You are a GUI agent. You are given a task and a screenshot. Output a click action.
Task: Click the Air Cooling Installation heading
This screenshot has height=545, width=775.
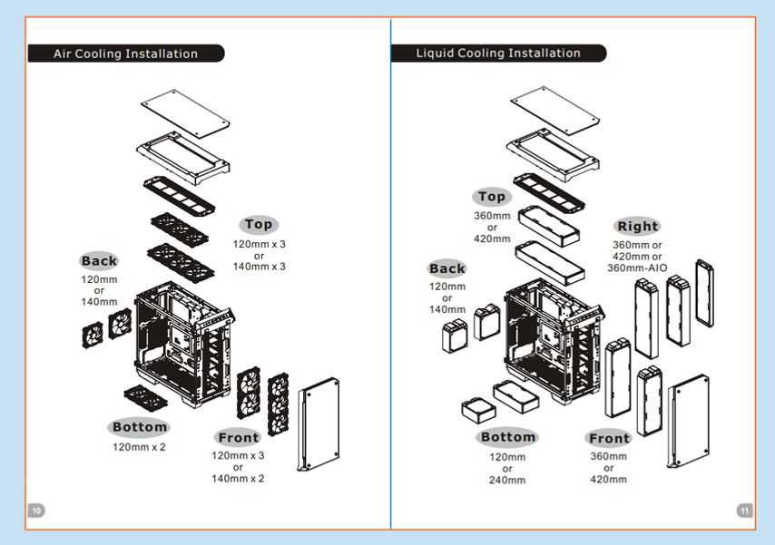point(125,54)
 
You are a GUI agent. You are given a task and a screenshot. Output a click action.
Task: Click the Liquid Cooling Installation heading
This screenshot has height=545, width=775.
point(498,53)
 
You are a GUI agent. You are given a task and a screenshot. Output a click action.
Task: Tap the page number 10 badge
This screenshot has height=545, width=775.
point(36,511)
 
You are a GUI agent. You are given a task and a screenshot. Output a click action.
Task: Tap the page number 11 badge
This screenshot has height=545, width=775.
point(744,511)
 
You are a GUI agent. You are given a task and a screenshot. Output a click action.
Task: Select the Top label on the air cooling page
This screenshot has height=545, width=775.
point(259,224)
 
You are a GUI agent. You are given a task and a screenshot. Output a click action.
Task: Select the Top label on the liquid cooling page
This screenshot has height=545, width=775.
point(492,197)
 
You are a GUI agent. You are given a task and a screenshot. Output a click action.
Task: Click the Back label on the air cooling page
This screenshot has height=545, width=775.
point(99,261)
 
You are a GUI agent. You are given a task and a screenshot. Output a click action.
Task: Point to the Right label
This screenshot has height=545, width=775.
point(637,226)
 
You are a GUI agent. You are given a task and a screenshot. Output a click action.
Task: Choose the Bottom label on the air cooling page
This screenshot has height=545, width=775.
point(140,427)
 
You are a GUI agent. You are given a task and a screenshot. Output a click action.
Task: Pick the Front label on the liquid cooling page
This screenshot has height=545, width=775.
point(609,439)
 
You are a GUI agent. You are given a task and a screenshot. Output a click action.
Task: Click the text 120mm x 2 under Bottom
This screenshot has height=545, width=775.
point(140,447)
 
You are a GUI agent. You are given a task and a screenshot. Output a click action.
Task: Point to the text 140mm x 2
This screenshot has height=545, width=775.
point(238,478)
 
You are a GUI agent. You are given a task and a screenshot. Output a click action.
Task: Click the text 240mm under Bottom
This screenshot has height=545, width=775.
point(507,480)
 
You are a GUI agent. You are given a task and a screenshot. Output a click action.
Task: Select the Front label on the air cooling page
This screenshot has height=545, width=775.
point(239,438)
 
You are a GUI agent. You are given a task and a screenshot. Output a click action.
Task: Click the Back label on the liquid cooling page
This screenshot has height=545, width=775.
point(447,268)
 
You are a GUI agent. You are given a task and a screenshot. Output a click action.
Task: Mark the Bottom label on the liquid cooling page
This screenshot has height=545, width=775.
point(507,437)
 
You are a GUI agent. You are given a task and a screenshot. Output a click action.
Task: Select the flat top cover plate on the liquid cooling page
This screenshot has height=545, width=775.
point(554,109)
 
